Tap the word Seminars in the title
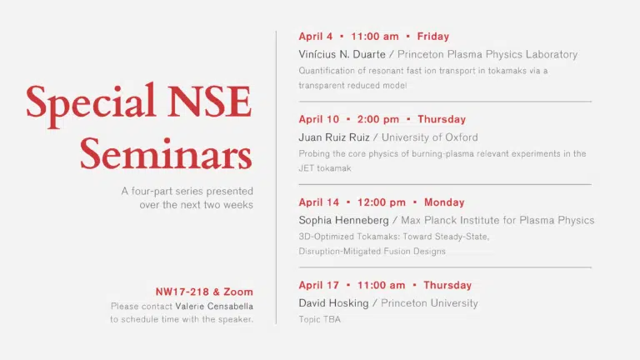tap(166, 154)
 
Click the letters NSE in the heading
tap(209, 101)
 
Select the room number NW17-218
tap(182, 292)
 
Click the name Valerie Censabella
tap(214, 306)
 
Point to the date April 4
tap(316, 37)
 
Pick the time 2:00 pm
tap(378, 119)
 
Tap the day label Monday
tap(444, 202)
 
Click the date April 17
tap(319, 285)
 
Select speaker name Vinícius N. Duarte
tap(342, 54)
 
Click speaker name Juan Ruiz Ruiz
tap(334, 137)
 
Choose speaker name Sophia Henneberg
tap(343, 220)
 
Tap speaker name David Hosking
tap(333, 303)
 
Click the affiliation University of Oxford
tap(429, 137)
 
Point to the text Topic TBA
tap(320, 320)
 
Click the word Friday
tap(433, 37)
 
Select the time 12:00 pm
tap(381, 202)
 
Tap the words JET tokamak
tap(325, 168)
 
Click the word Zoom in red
tap(238, 292)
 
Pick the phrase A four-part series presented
tap(187, 191)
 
